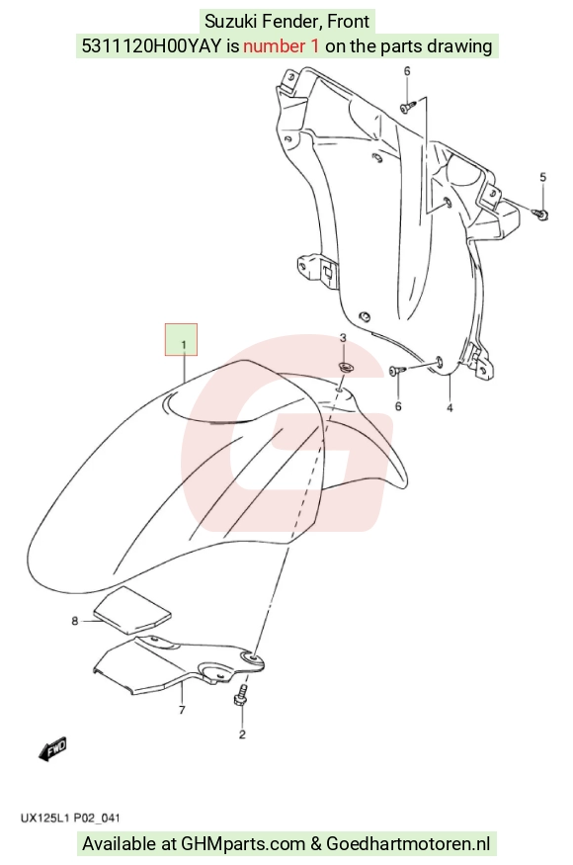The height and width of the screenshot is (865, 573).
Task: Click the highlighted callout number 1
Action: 183,345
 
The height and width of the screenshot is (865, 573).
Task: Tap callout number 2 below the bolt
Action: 242,735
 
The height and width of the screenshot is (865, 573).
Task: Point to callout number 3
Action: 343,338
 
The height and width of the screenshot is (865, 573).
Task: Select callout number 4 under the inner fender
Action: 450,407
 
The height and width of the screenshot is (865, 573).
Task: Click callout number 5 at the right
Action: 542,177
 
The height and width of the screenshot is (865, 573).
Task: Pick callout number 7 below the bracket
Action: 182,710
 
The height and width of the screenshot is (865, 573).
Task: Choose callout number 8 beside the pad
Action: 75,621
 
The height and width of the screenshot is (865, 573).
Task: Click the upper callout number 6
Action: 407,70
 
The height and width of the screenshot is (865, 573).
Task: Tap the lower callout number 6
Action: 398,406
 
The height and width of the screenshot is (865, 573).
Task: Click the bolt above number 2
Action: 240,695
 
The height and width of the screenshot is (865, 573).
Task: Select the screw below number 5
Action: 540,213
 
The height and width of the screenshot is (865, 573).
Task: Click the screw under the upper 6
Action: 407,107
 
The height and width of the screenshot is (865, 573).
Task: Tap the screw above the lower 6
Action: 397,371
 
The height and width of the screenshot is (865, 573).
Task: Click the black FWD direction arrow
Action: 53,749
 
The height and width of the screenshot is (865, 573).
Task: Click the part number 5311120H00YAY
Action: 152,46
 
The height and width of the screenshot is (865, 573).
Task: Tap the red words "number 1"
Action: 281,46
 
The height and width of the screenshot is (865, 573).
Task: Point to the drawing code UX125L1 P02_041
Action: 70,818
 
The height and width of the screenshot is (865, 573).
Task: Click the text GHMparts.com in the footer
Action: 243,843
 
